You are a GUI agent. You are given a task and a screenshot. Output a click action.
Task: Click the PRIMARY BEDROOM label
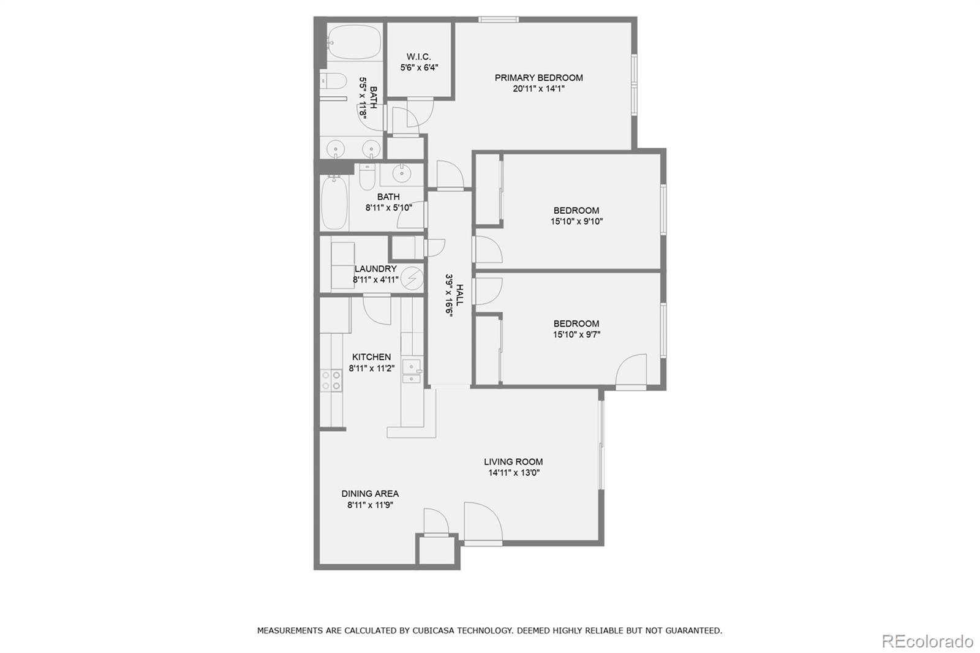tap(538, 78)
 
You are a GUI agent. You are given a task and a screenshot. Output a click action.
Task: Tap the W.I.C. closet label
tap(418, 57)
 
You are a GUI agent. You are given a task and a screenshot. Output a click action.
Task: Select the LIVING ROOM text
tap(513, 462)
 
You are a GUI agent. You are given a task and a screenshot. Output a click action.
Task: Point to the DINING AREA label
tap(370, 493)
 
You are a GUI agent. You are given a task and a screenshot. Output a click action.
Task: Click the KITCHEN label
tap(371, 357)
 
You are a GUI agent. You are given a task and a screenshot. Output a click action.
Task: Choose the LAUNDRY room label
tap(375, 268)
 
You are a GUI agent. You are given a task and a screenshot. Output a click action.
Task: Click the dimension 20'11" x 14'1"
tap(538, 89)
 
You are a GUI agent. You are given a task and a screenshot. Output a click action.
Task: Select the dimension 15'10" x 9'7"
tap(576, 334)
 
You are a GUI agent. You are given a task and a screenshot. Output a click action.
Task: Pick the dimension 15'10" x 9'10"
tap(576, 222)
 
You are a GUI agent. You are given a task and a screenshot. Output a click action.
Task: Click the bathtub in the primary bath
tap(353, 42)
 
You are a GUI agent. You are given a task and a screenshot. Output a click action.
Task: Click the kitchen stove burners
tap(331, 380)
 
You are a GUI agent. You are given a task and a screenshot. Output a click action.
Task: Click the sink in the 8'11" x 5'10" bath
tap(401, 174)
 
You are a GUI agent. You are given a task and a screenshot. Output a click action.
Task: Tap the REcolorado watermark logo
tap(927, 641)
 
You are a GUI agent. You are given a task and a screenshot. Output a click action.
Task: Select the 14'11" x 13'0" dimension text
tap(513, 473)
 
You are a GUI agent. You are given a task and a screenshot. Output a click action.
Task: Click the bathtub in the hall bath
tap(334, 202)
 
